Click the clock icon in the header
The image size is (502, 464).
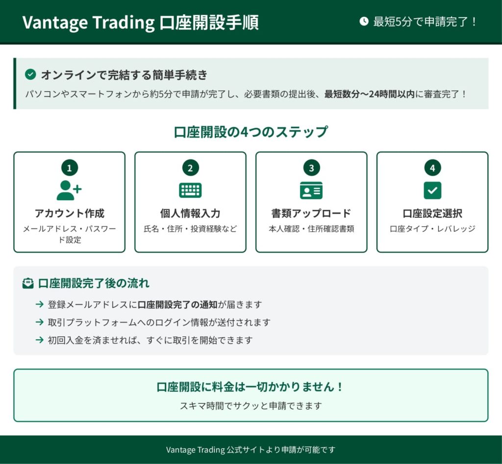click(364, 22)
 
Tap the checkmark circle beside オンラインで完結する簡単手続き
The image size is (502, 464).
click(30, 74)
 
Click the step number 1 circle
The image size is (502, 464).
click(70, 168)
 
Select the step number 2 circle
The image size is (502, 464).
click(191, 168)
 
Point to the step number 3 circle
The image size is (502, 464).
click(311, 168)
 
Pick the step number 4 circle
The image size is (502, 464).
click(432, 168)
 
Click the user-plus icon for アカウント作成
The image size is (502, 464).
click(69, 190)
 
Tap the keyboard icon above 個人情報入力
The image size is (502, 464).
click(191, 190)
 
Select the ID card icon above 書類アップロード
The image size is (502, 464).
click(311, 190)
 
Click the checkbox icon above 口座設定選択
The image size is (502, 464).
click(432, 190)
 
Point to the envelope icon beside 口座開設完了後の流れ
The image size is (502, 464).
click(28, 283)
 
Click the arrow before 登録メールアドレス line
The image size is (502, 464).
click(39, 304)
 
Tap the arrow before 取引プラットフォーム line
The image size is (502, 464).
click(39, 322)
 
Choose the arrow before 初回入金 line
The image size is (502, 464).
click(39, 340)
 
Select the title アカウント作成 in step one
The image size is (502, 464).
click(70, 213)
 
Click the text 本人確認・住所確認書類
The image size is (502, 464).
click(311, 229)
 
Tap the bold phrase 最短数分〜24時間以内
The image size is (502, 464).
click(370, 94)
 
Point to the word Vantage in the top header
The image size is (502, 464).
click(55, 23)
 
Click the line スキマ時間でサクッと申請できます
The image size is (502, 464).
click(251, 406)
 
